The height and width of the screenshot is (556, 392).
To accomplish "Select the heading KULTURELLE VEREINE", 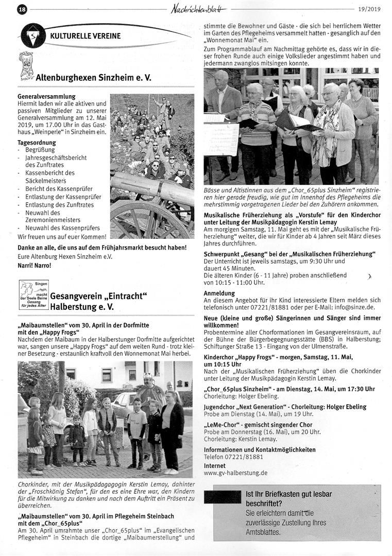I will pos(86,36).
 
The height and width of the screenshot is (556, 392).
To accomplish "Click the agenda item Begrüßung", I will pos(40,149).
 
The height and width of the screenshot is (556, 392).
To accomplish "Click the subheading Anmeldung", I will pos(219,293).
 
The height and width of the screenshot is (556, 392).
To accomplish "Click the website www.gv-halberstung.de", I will pos(235,473).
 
